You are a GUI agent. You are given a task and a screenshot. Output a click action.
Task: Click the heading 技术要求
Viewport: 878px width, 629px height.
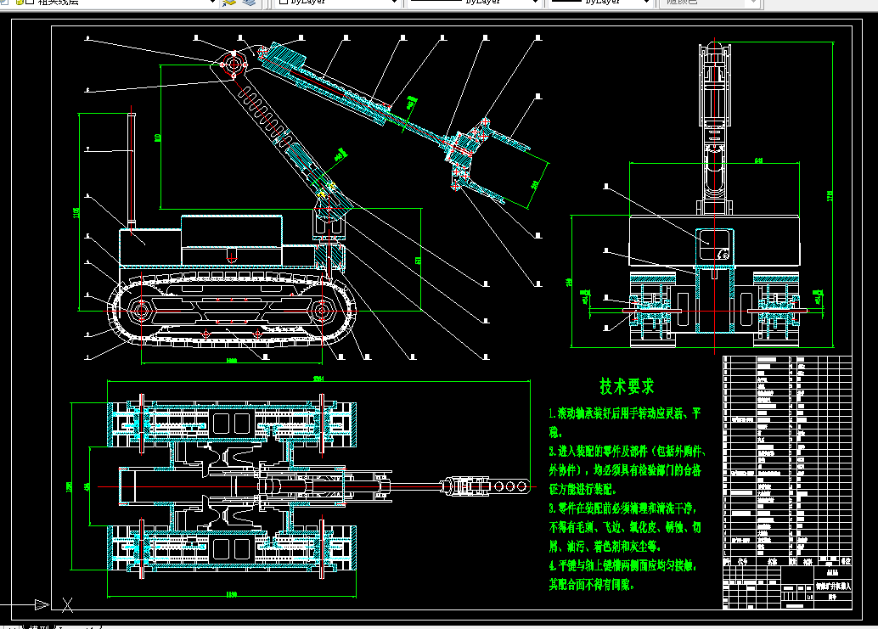pyautogui.click(x=628, y=387)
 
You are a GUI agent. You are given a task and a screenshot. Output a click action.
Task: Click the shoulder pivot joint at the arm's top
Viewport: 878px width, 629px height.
pyautogui.click(x=232, y=64)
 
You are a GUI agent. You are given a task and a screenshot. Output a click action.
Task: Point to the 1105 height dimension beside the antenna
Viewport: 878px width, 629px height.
pyautogui.click(x=76, y=212)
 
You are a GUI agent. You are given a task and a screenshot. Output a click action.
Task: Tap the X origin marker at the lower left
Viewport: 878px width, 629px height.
pyautogui.click(x=68, y=604)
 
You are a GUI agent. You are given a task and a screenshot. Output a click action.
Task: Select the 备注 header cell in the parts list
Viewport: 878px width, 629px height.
pyautogui.click(x=843, y=561)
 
